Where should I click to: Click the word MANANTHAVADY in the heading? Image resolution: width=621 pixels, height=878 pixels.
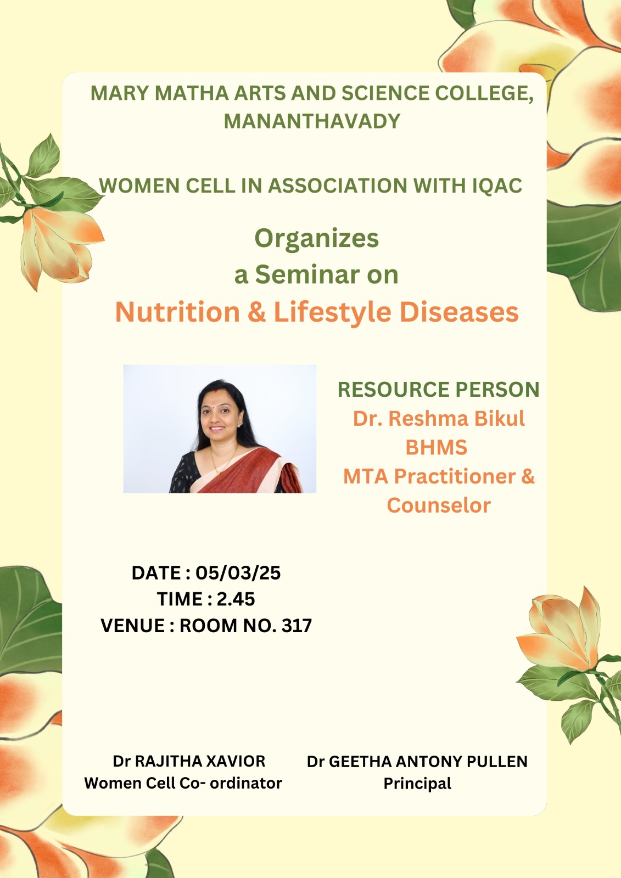click(x=312, y=121)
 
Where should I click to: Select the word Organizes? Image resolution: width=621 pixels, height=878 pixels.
click(x=317, y=239)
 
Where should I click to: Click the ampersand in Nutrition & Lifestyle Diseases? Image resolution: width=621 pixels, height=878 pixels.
click(x=257, y=312)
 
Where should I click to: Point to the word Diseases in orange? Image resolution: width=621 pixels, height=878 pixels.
click(x=459, y=312)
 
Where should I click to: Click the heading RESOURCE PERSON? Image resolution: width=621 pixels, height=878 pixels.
click(x=439, y=390)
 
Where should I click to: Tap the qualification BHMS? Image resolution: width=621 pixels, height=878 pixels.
click(x=436, y=447)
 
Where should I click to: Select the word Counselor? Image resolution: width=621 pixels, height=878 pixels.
click(x=439, y=505)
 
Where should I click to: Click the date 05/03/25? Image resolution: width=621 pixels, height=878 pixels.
click(x=238, y=573)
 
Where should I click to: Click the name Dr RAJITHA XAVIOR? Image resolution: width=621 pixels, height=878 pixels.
click(x=189, y=761)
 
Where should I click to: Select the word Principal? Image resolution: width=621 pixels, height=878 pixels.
click(x=417, y=784)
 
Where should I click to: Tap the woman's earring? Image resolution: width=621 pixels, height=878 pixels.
click(x=239, y=423)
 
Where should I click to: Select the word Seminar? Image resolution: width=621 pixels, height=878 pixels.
click(x=307, y=274)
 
